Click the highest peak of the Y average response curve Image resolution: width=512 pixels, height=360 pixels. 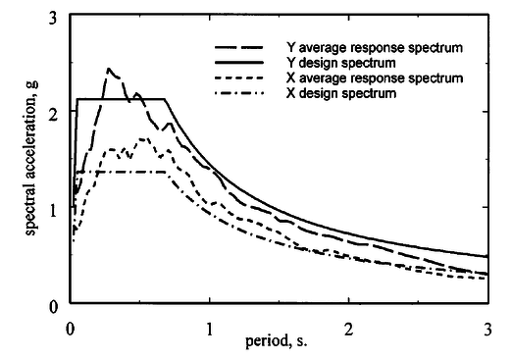tap(108, 69)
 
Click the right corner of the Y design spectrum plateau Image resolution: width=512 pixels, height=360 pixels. tap(166, 99)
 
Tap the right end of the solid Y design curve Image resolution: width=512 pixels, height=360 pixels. tap(487, 257)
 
